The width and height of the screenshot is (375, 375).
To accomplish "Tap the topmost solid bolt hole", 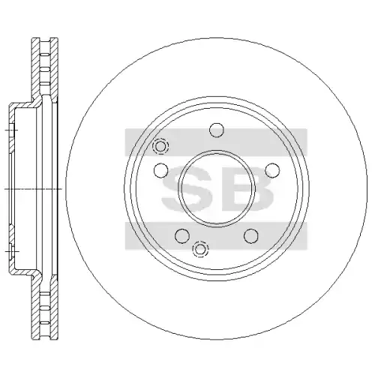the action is tap(217, 130).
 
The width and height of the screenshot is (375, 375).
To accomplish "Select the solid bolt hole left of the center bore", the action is tap(160, 170).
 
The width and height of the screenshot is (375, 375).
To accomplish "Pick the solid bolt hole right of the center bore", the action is tap(272, 170).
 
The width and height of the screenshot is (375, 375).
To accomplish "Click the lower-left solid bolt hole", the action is tap(182, 235).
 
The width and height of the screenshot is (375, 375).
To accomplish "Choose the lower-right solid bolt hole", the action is tap(250, 235).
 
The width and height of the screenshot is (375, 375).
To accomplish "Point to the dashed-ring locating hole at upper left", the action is tap(160, 145).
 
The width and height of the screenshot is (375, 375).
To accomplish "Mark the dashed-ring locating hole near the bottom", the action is tap(200, 249).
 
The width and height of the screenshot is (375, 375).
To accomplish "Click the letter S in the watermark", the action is tap(186, 190).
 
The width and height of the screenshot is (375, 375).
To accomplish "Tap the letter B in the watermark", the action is tap(246, 190).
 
